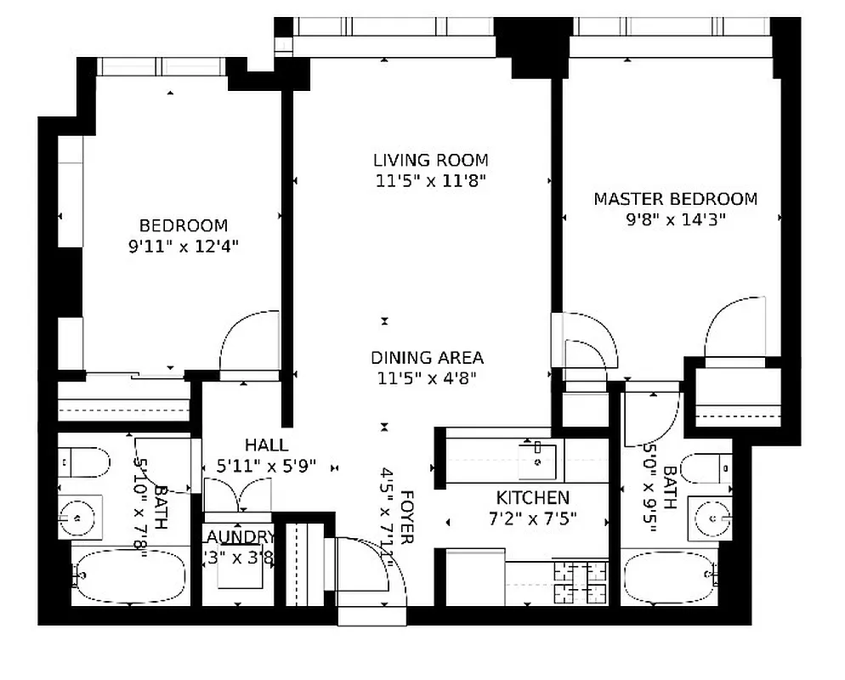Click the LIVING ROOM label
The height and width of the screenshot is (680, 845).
point(431,160)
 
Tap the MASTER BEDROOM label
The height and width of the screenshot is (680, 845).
point(675,200)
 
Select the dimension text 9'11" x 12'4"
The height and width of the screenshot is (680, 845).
point(184,247)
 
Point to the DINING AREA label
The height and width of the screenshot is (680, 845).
point(427,358)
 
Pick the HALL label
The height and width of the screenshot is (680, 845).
point(266,445)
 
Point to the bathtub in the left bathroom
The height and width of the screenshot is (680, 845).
point(129,575)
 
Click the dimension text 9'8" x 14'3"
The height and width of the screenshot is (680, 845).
point(675,219)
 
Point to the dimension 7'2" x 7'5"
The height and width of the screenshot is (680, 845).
point(533,518)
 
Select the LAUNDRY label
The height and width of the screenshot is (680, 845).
point(239,537)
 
